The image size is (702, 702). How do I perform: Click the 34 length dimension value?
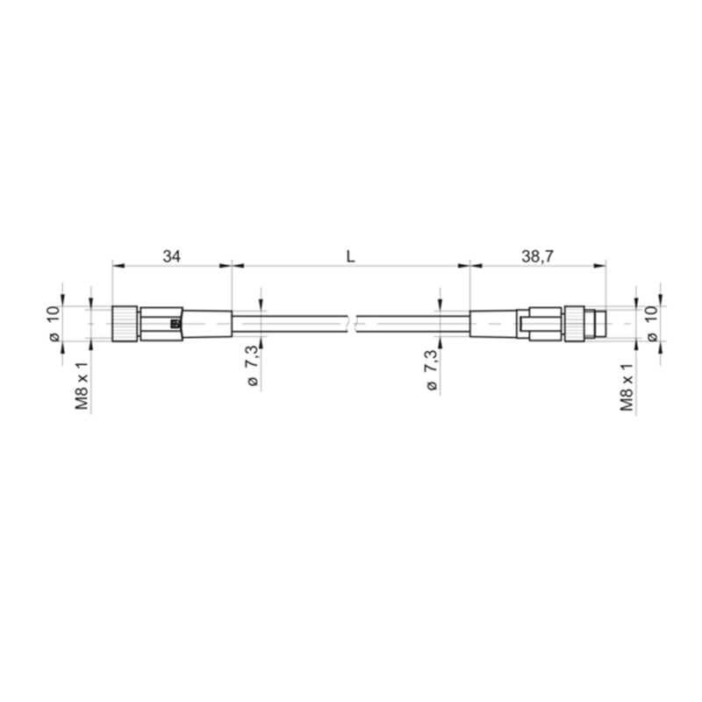coord(171,256)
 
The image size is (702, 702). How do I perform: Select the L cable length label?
coord(350,256)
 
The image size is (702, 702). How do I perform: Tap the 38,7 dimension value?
coord(537,256)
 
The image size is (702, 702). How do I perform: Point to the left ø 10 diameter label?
coord(54,324)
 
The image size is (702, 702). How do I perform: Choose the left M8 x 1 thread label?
coord(82,386)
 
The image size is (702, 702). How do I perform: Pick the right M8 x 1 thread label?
coord(627,387)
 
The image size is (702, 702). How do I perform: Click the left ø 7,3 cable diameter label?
coord(252,366)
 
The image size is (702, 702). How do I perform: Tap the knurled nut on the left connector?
coord(125,324)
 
